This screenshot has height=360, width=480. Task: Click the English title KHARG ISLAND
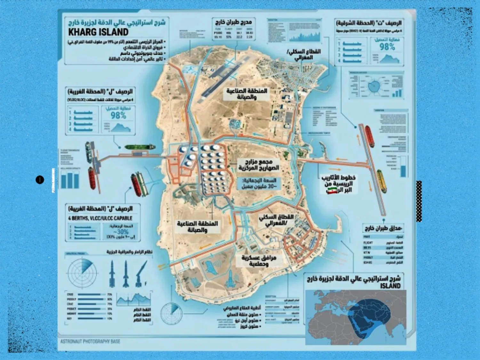[98, 32]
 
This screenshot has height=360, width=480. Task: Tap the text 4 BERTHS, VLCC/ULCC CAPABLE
[100, 218]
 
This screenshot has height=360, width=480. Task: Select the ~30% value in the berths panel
[121, 232]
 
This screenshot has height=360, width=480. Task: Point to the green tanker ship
[140, 147]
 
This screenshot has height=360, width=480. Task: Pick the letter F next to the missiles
[146, 284]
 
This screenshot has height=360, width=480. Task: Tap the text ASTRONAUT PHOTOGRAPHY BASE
[90, 341]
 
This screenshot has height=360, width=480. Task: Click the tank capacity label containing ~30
[259, 183]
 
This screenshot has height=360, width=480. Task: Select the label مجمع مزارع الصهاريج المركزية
[259, 165]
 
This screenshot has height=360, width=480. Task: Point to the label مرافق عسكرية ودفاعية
[259, 261]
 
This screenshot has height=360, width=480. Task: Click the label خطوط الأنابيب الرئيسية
[339, 181]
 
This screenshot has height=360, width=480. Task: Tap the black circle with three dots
[40, 180]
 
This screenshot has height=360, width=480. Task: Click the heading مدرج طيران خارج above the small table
[234, 22]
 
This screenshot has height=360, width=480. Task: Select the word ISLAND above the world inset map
[390, 286]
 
